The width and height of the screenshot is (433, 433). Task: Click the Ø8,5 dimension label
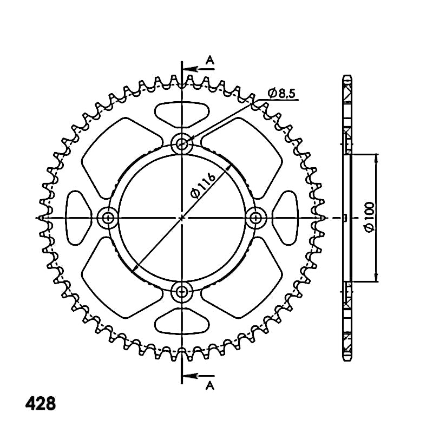281,93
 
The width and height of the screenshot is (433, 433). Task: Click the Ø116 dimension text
203,186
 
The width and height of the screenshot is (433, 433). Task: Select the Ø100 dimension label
370,217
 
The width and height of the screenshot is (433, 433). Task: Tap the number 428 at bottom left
41,403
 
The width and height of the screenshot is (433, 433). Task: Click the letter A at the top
211,60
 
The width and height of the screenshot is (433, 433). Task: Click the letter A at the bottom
210,386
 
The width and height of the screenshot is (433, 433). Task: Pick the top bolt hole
181,143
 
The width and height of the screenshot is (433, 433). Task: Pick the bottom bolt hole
181,291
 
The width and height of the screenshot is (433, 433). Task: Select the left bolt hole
108,218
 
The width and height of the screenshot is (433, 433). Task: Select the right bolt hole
255,218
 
